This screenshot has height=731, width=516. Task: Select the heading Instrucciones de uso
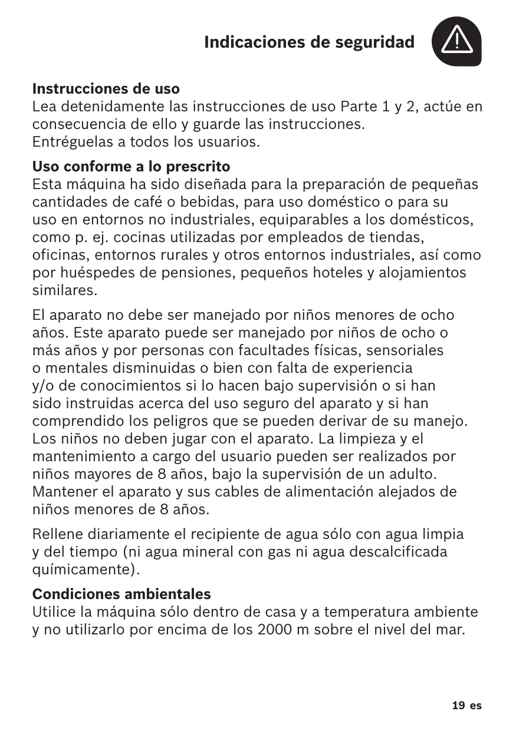point(106,90)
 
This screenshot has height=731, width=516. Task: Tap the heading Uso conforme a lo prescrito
point(131,166)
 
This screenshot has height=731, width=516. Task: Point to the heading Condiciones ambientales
point(121,593)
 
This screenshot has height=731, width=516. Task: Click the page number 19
point(458,705)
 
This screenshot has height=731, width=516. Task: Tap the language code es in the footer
point(476,705)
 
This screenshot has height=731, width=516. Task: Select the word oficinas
point(58,256)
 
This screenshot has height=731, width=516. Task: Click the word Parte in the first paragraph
point(359,107)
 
